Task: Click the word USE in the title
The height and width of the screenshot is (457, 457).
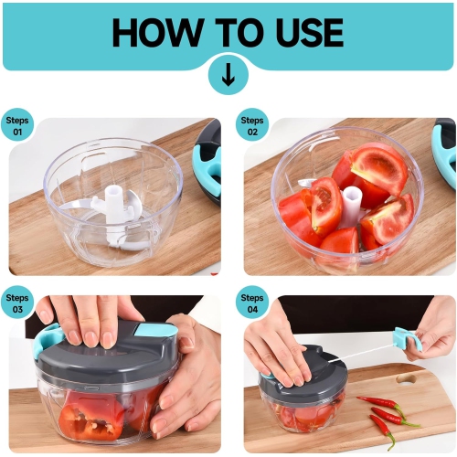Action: pyautogui.click(x=301, y=32)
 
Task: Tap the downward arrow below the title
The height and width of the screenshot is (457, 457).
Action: pyautogui.click(x=228, y=75)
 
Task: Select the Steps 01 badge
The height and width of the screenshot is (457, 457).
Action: pyautogui.click(x=18, y=125)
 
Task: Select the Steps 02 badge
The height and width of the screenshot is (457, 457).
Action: pyautogui.click(x=252, y=125)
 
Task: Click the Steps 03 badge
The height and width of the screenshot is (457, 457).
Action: pyautogui.click(x=18, y=303)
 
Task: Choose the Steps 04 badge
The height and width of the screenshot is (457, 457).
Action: pyautogui.click(x=252, y=303)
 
